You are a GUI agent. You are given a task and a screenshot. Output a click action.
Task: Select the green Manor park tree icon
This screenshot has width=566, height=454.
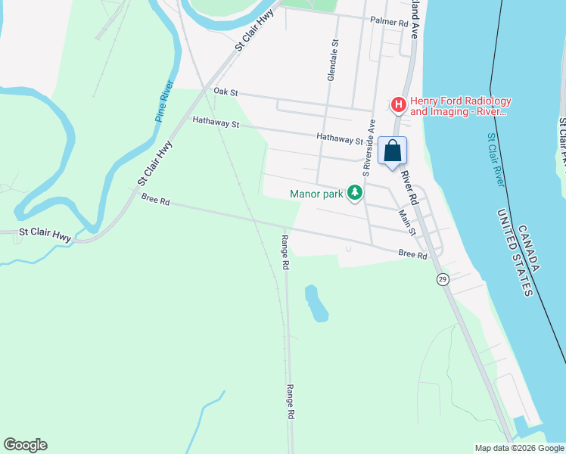355,193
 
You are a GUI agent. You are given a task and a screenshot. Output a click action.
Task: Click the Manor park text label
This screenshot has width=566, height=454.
317,194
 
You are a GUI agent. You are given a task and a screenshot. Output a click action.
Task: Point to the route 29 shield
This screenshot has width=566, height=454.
443,280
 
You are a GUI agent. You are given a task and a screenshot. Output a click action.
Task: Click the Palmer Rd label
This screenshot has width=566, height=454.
389,21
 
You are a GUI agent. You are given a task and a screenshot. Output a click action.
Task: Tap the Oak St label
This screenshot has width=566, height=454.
225,92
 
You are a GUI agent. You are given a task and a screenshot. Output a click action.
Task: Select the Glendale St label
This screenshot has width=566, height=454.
331,61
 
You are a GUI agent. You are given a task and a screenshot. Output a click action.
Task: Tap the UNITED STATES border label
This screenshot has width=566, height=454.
515,253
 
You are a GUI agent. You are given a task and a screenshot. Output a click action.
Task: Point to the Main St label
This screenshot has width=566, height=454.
407,222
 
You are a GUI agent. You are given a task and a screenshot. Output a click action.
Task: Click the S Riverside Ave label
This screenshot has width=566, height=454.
368,148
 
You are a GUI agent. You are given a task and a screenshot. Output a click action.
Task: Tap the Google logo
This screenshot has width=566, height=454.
25,445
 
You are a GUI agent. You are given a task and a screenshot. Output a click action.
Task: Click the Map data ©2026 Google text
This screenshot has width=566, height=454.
518,448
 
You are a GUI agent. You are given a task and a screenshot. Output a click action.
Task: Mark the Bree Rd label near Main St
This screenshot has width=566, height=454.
412,255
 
